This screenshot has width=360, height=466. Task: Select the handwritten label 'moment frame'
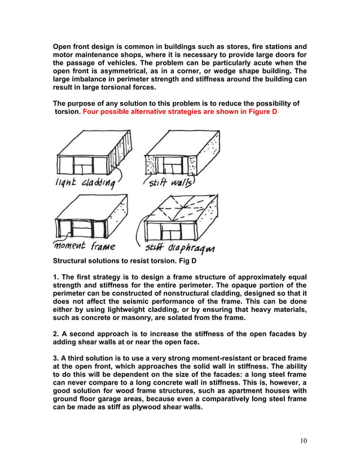pyautogui.click(x=85, y=246)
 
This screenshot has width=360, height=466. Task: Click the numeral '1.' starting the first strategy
pyautogui.click(x=56, y=276)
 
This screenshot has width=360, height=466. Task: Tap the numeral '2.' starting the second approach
pyautogui.click(x=56, y=334)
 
